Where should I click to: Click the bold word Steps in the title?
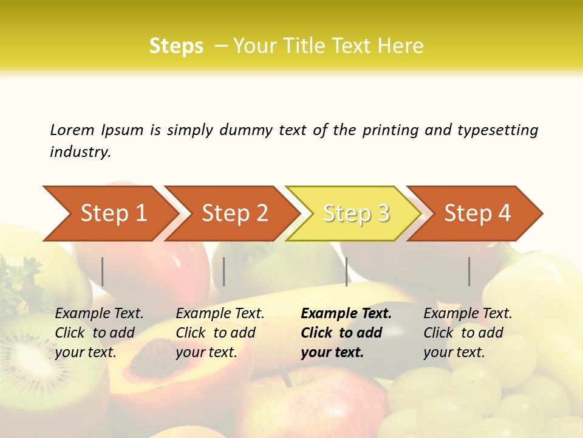click(176, 46)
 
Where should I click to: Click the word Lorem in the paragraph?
click(72, 130)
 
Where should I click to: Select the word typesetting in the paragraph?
click(497, 130)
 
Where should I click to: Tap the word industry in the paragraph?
click(80, 151)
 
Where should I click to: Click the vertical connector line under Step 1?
click(103, 271)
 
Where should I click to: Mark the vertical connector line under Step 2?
click(224, 271)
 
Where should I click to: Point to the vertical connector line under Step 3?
click(346, 271)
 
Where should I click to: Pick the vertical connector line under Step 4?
click(469, 271)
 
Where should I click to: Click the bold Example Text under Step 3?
click(346, 314)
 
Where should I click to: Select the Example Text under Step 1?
click(99, 314)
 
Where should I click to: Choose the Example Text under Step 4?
click(468, 314)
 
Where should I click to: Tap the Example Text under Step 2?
click(220, 314)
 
